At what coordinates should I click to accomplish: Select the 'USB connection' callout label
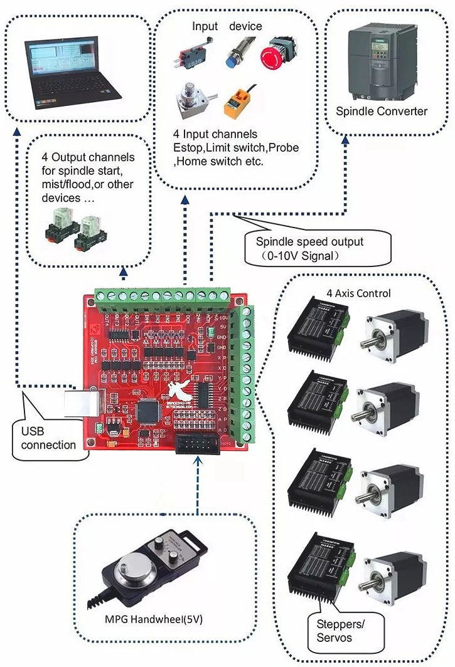tap(48, 439)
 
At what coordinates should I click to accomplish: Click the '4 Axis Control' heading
tap(358, 293)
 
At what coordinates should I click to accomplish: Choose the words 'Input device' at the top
tap(227, 26)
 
